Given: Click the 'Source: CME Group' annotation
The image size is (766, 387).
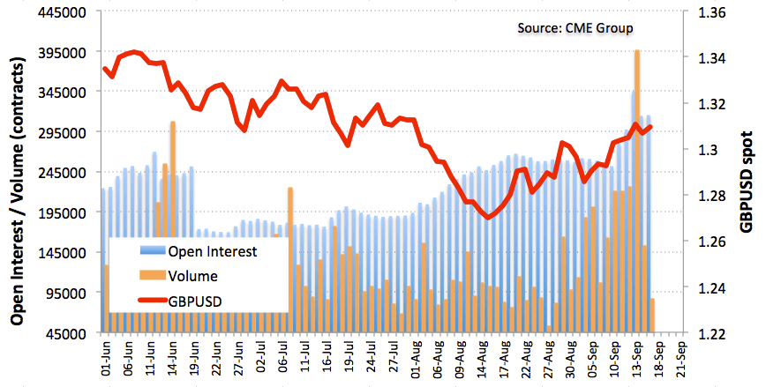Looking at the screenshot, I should coord(574,28).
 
